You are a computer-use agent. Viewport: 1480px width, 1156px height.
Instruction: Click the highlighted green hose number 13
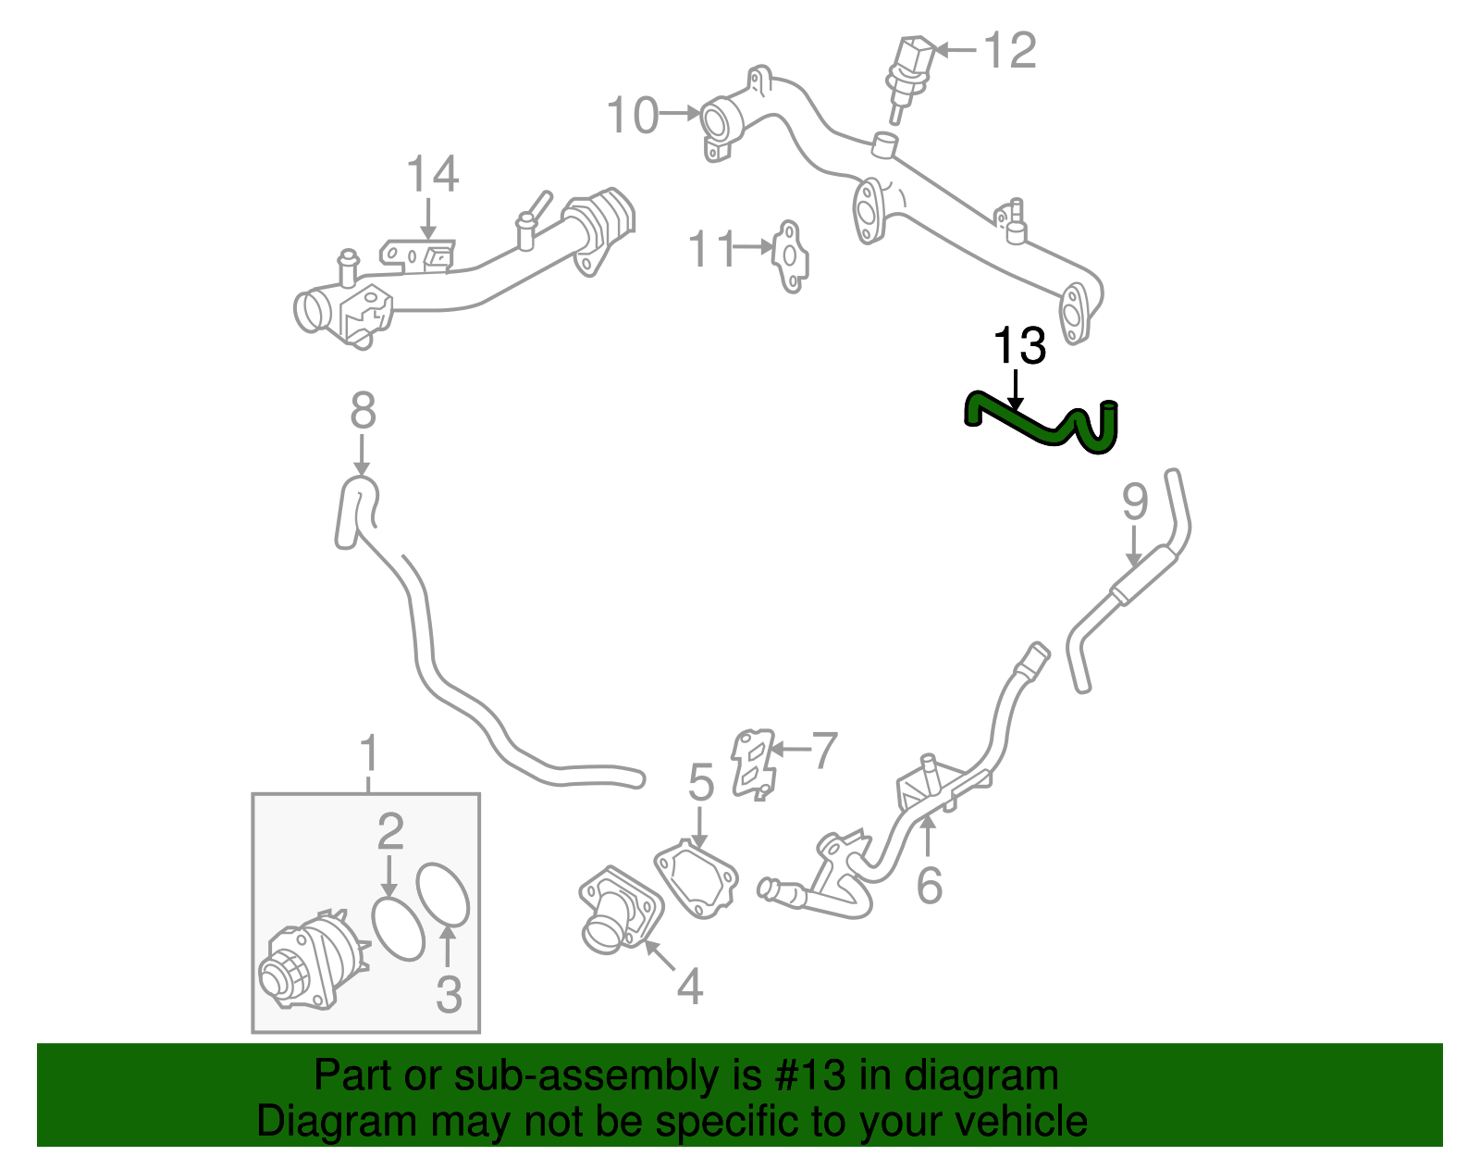tap(1036, 428)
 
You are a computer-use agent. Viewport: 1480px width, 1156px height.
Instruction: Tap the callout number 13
tap(1018, 347)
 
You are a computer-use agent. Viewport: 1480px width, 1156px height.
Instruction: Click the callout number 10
tap(633, 117)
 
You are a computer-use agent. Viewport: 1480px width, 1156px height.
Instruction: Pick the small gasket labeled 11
tap(790, 256)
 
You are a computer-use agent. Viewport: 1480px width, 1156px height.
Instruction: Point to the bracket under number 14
tap(418, 255)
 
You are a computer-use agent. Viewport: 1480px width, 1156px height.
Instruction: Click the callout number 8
tap(363, 410)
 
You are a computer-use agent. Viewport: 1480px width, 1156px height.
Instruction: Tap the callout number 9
tap(1135, 503)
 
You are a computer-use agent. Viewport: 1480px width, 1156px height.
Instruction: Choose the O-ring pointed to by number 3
tap(443, 894)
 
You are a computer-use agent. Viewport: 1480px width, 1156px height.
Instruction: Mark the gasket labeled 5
tap(697, 878)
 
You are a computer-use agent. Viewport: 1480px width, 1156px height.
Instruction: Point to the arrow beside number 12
tap(957, 50)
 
